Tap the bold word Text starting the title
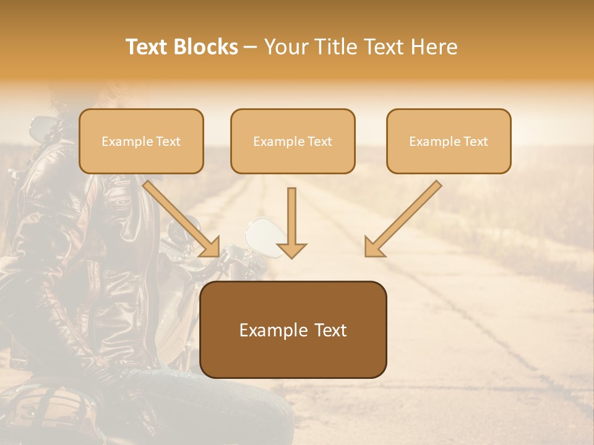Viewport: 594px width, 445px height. tap(147, 47)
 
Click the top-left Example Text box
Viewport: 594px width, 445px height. tap(141, 142)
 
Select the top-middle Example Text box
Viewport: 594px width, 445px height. tap(293, 142)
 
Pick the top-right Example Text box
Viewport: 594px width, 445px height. tap(449, 142)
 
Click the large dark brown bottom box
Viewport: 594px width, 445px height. tap(293, 330)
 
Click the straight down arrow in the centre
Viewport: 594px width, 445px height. tap(291, 219)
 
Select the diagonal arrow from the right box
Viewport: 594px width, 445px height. tap(405, 216)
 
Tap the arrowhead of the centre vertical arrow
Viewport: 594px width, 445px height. tap(291, 250)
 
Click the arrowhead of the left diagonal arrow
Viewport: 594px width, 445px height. tap(210, 247)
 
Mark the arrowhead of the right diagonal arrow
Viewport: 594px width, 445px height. tap(374, 247)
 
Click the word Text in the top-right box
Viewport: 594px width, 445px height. tap(475, 142)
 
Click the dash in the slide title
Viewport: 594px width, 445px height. tap(251, 48)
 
